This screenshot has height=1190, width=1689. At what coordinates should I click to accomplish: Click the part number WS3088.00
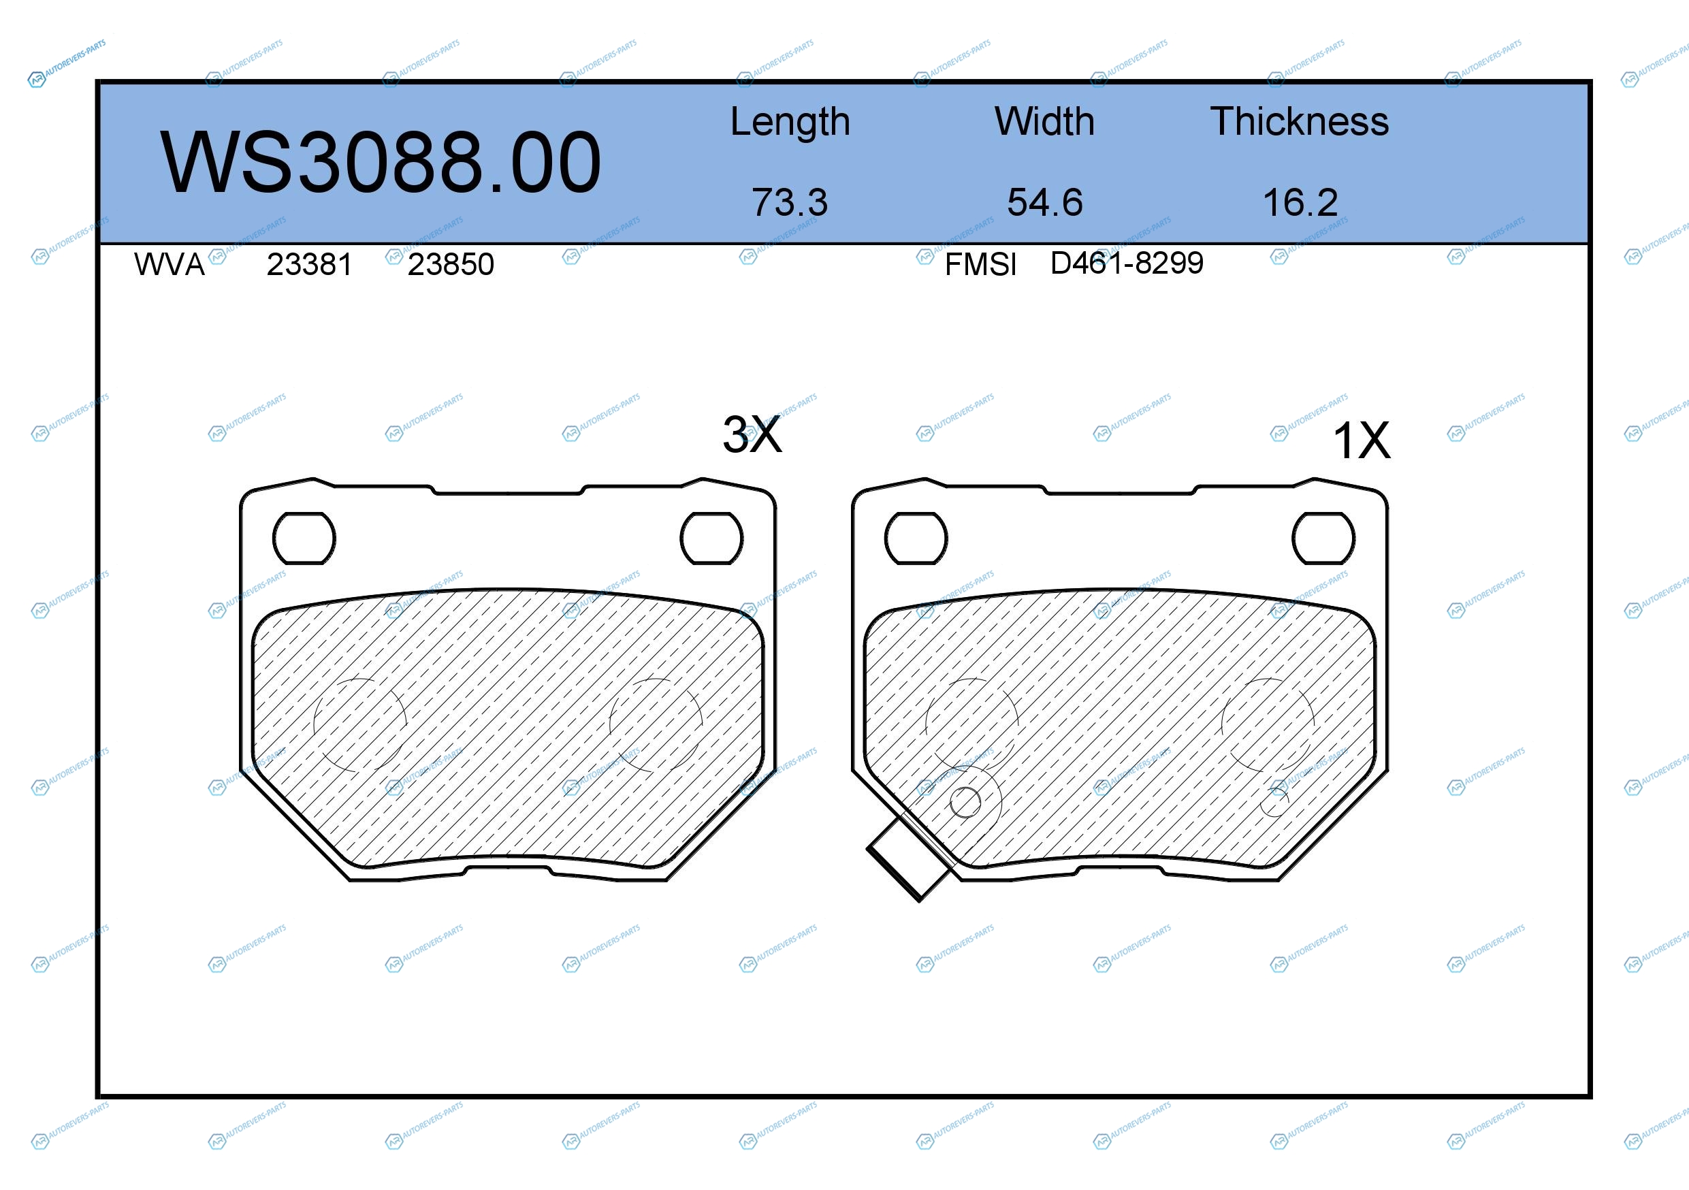click(x=381, y=162)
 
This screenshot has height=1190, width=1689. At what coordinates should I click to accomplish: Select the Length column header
click(x=790, y=122)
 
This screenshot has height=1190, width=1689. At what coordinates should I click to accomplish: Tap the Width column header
click(x=1044, y=121)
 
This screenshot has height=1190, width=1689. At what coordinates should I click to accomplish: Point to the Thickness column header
click(x=1300, y=121)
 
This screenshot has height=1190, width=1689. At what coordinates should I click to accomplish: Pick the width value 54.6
click(x=1044, y=202)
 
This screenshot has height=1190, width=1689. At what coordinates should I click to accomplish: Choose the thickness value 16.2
click(x=1300, y=202)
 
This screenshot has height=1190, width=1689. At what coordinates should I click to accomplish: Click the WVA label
click(x=170, y=265)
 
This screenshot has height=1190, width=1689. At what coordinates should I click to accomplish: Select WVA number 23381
click(x=309, y=265)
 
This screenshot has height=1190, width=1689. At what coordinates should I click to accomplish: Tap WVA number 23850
click(x=451, y=265)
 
